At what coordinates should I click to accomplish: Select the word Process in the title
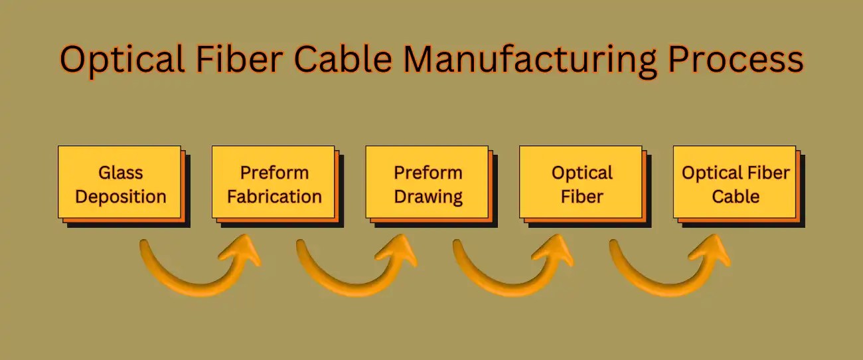(x=736, y=60)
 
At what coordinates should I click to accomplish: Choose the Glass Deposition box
(x=120, y=183)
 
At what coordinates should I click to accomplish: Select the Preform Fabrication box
(x=274, y=183)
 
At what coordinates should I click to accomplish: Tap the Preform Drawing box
(x=428, y=183)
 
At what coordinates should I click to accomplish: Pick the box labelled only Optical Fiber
(x=581, y=183)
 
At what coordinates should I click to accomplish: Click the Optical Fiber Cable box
(x=735, y=183)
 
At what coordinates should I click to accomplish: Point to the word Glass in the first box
(x=120, y=173)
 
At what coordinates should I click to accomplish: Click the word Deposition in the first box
(x=120, y=197)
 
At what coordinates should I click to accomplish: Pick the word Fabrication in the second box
(x=274, y=197)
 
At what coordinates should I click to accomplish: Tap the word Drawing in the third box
(x=428, y=197)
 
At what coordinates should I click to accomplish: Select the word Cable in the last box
(x=736, y=197)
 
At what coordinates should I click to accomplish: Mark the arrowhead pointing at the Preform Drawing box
(x=400, y=251)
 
